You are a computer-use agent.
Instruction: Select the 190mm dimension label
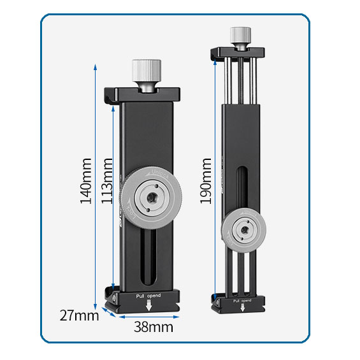click(x=206, y=181)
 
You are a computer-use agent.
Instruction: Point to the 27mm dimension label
click(x=80, y=314)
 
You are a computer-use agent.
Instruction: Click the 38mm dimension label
click(x=153, y=327)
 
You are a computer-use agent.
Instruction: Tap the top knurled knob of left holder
click(x=147, y=70)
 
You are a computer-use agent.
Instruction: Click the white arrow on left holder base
click(x=149, y=306)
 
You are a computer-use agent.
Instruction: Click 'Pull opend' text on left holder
click(x=148, y=296)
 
